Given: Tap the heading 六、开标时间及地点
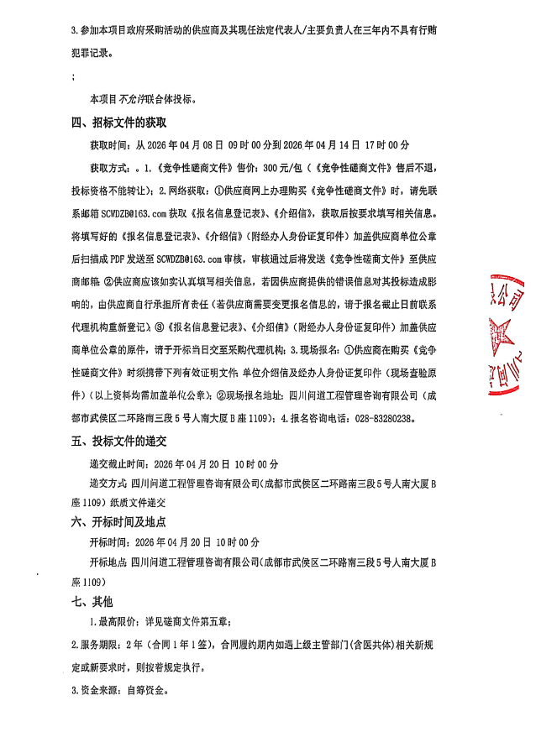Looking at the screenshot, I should point(123,521).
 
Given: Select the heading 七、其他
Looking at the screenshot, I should point(92,602).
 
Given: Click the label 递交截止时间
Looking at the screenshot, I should point(117,463).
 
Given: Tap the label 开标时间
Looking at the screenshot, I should point(108,541).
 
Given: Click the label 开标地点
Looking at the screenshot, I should point(108,561).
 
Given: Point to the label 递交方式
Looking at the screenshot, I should point(108,484).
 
